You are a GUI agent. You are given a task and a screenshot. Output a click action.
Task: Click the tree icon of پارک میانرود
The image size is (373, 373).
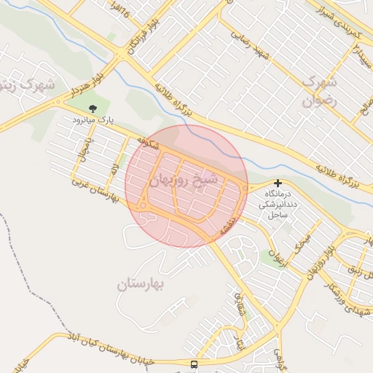tap(91, 109)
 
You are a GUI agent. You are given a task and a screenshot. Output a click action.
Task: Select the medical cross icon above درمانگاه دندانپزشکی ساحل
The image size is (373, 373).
tap(277, 184)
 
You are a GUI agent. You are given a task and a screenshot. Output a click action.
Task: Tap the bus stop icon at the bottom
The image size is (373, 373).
tap(194, 364)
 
